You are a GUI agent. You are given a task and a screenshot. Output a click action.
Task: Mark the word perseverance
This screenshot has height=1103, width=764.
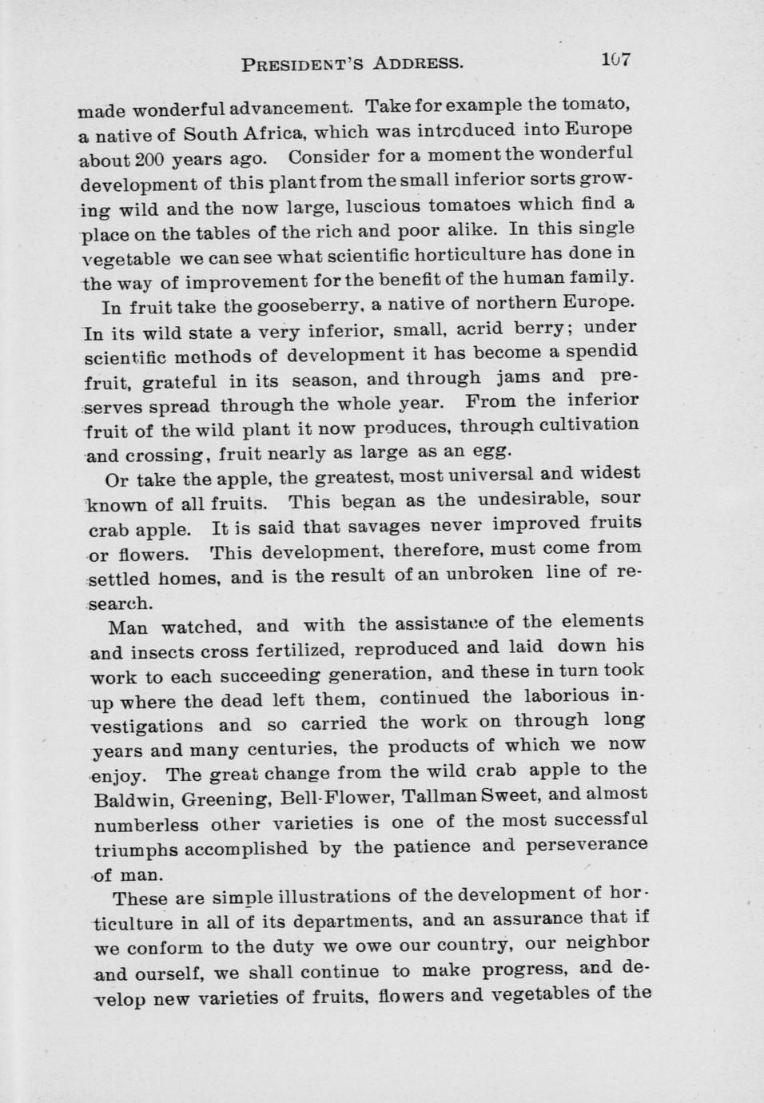click(x=591, y=845)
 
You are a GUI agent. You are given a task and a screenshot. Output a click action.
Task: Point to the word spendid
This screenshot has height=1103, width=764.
click(x=602, y=352)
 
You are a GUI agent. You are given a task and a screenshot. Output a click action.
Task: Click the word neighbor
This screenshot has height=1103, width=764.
click(x=606, y=943)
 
